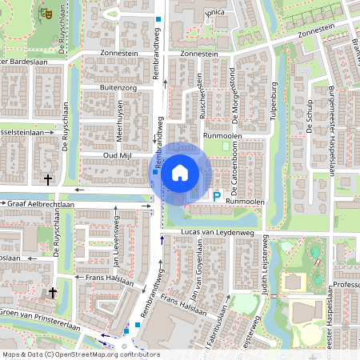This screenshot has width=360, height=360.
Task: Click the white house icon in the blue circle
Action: click(x=179, y=172)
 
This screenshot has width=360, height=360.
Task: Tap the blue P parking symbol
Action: click(x=217, y=195)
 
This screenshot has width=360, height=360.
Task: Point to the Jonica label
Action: click(x=214, y=14)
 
